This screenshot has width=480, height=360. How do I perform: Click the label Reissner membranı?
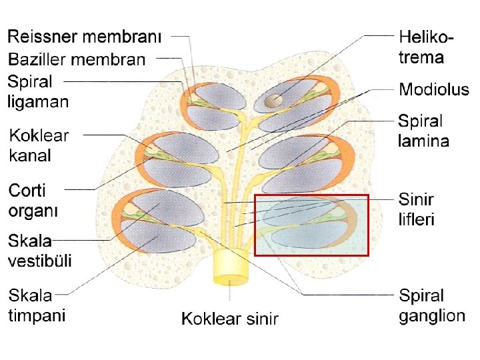[x=85, y=37]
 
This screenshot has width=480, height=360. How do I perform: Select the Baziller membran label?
[x=76, y=60]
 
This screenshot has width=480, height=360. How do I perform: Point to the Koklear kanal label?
[x=39, y=146]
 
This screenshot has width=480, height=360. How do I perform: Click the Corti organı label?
[x=33, y=201]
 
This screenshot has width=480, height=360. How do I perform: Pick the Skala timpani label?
[x=37, y=305]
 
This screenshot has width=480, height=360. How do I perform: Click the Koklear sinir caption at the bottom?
[x=230, y=319]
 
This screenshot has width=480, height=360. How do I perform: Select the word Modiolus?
[x=433, y=89]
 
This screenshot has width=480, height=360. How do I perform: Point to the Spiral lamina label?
[x=423, y=131]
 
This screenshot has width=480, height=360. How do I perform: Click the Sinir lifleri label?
[x=417, y=209]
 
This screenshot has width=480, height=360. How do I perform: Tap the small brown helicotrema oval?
[x=273, y=101]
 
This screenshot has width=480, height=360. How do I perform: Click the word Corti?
[x=27, y=191]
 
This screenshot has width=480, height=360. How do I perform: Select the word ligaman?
[x=39, y=102]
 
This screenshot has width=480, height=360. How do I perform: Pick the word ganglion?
[x=432, y=315]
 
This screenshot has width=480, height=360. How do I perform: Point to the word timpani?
[x=37, y=315]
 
